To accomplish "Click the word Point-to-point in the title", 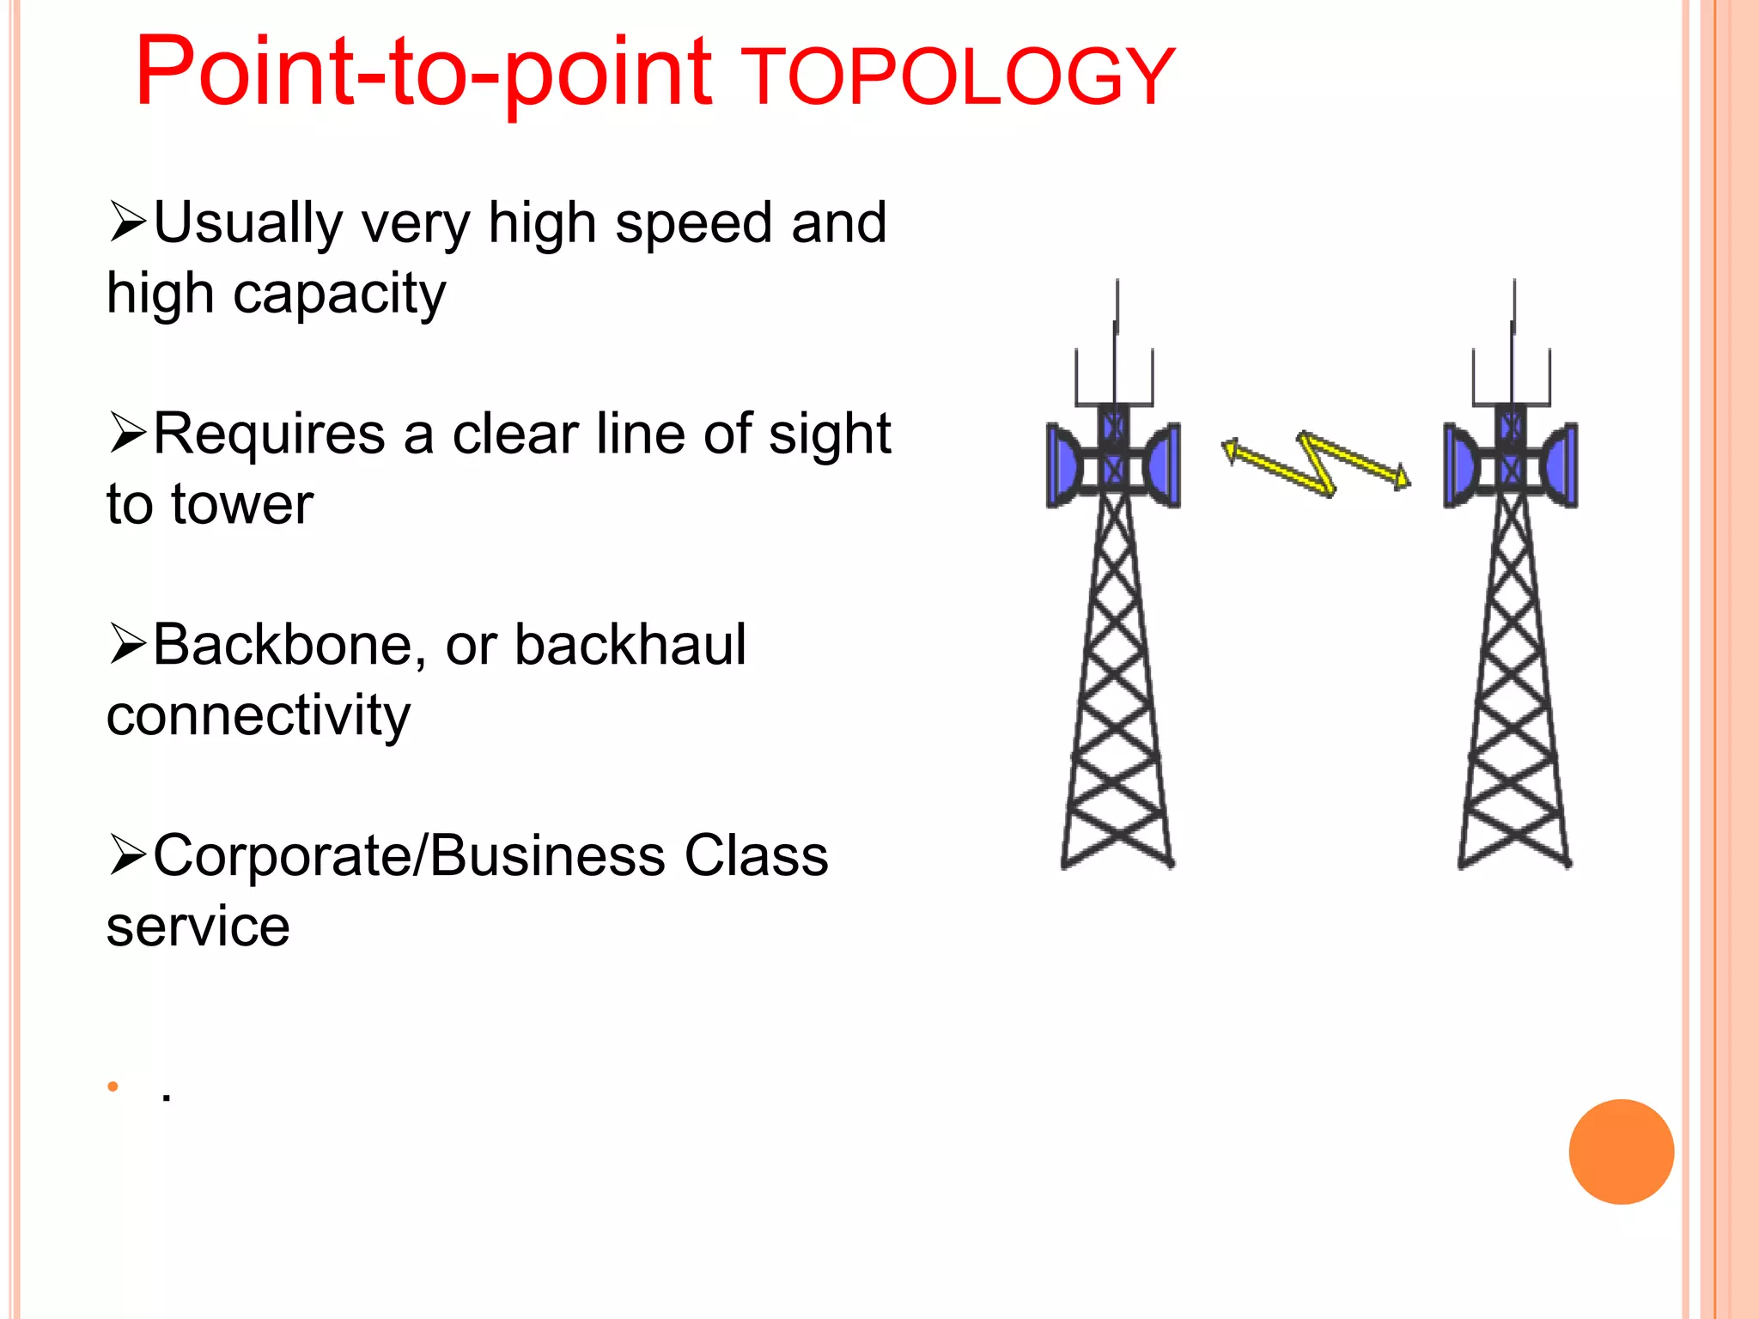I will point(423,74).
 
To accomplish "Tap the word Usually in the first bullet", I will point(249,223).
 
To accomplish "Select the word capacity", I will point(339,295).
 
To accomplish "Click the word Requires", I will point(269,434).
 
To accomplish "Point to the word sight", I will point(830,434).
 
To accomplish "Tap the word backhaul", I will point(630,645).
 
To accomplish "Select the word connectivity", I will point(258,716).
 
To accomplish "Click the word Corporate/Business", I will point(409,856).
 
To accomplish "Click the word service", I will point(198,927).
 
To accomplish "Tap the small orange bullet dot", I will point(113,1086).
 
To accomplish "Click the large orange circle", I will point(1621,1152).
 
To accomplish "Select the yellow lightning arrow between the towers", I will point(1317,464).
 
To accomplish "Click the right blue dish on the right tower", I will point(1561,465).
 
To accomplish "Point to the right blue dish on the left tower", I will point(1164,465).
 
